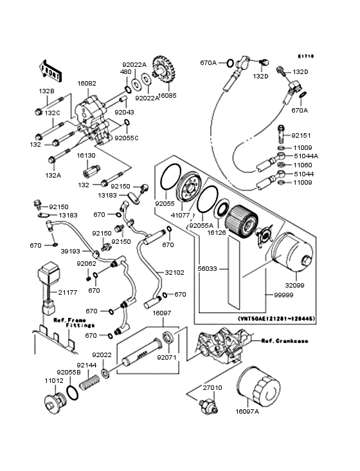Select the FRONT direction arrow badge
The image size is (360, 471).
pos(51,69)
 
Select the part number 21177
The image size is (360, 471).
pos(86,293)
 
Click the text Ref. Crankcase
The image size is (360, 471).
pos(283,341)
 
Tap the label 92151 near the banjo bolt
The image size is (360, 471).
pos(301,136)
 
